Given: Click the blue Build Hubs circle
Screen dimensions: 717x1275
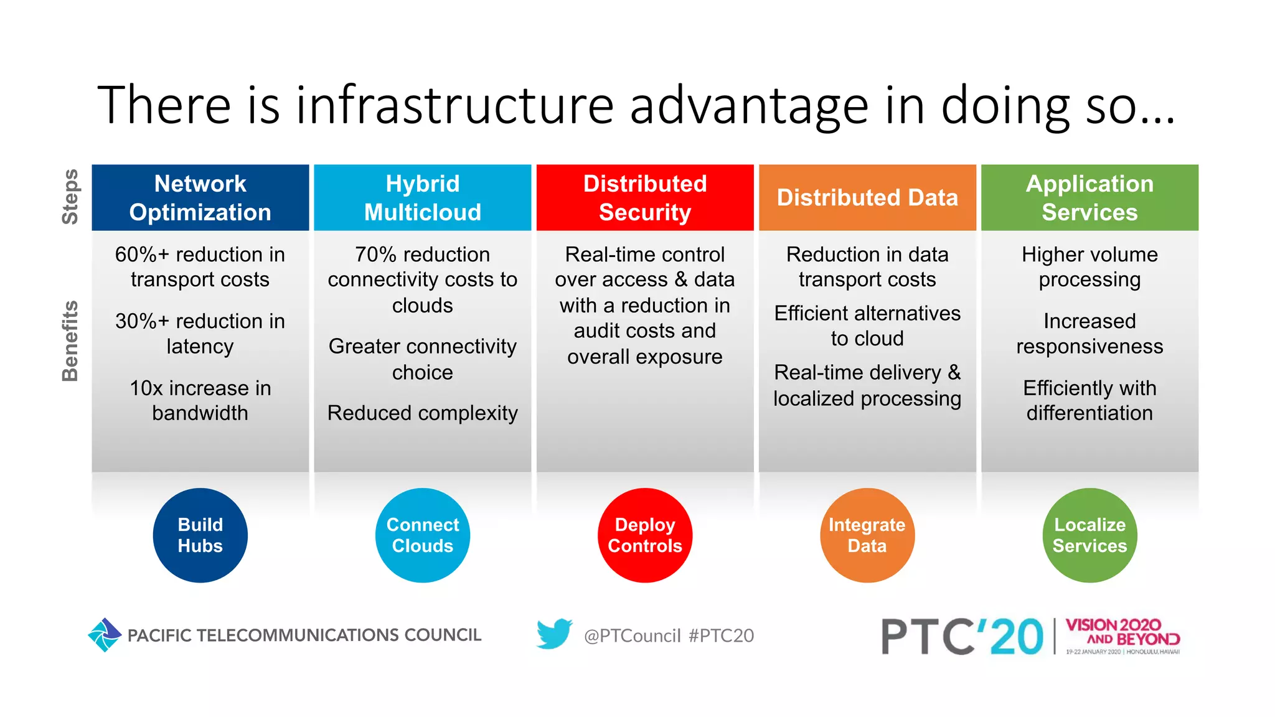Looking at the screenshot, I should tap(200, 535).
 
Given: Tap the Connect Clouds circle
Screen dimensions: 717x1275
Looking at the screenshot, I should tap(423, 535).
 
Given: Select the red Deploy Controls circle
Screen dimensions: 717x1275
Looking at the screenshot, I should tap(645, 535).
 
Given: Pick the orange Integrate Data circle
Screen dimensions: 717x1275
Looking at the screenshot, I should tap(867, 535).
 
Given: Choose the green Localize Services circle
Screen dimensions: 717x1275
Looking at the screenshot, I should tap(1089, 535).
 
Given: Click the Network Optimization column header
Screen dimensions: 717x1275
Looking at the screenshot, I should tap(200, 198).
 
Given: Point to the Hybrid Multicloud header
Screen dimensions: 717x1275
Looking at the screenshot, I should tap(423, 198).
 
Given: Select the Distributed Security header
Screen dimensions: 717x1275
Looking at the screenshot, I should tap(645, 198).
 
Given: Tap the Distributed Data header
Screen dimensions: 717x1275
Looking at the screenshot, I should tap(867, 198).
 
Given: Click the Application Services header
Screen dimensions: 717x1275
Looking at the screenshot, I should tap(1089, 198).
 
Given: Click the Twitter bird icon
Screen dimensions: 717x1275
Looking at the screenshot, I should tap(554, 634).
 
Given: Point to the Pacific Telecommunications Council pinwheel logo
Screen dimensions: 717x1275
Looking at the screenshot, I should tap(105, 635).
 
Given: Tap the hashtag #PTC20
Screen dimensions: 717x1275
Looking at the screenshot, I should tap(721, 635).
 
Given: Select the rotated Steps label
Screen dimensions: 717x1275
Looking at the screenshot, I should tap(70, 197).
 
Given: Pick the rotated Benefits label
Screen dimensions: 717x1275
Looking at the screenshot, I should tap(70, 341).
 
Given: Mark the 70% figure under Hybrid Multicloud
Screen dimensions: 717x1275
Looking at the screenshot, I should tap(375, 255).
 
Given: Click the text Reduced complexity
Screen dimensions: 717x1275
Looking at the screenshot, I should tap(423, 413).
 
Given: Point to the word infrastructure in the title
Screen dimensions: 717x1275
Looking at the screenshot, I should tap(454, 106).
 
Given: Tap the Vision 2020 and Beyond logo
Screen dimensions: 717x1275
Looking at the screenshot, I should tap(1122, 635).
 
